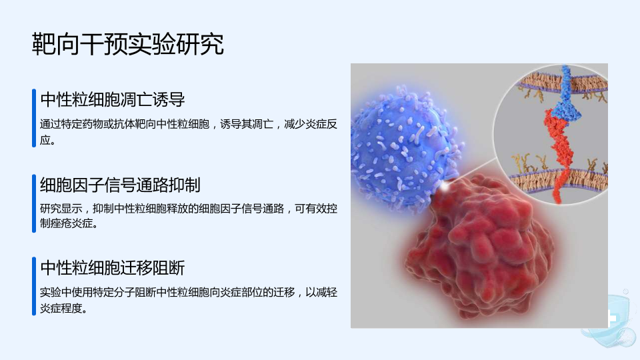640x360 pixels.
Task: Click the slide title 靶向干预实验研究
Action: click(128, 44)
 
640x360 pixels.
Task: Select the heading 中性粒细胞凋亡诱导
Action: click(113, 99)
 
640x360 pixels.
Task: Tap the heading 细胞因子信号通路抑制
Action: click(120, 185)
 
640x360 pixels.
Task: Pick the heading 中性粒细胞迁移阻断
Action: click(113, 268)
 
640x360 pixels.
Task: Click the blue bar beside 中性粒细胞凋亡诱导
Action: click(34, 118)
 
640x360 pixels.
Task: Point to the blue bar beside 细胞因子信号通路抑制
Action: click(34, 203)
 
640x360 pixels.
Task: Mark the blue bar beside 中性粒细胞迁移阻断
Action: click(34, 286)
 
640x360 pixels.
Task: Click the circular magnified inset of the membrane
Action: click(551, 134)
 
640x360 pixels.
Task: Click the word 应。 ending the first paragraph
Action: click(48, 141)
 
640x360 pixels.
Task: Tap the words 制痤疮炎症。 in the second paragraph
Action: click(69, 224)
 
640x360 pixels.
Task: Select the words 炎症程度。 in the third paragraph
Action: click(64, 309)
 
